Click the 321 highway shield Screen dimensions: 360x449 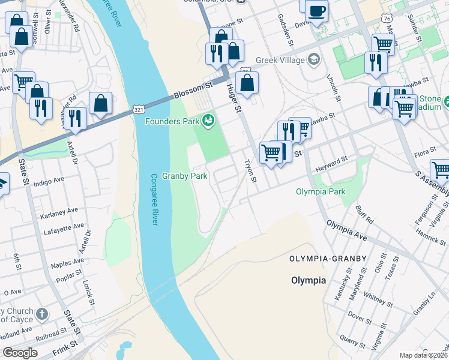coord(139,109)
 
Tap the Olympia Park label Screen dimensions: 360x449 coord(321,192)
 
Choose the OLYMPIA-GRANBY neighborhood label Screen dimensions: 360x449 coord(327,259)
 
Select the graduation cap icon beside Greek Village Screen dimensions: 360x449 coord(313,59)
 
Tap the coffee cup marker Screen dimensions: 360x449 coord(316,10)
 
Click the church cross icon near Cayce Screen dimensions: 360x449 coord(41,314)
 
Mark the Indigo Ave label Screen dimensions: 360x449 coord(49,182)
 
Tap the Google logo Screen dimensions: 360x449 coord(20,353)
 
